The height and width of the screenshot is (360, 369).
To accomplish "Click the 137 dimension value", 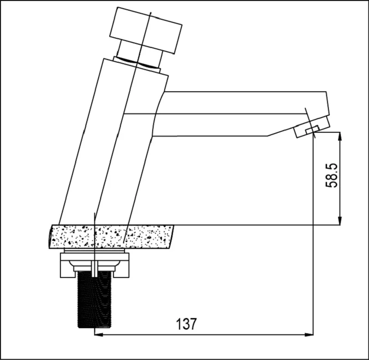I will coord(186,324).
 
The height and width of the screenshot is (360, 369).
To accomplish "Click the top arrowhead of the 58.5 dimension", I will coord(340,136).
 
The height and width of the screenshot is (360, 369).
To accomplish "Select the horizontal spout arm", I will coord(231,113).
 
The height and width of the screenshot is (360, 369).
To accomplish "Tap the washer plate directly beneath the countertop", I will coord(95,252).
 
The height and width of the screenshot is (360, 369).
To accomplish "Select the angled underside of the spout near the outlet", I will coord(281,132).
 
